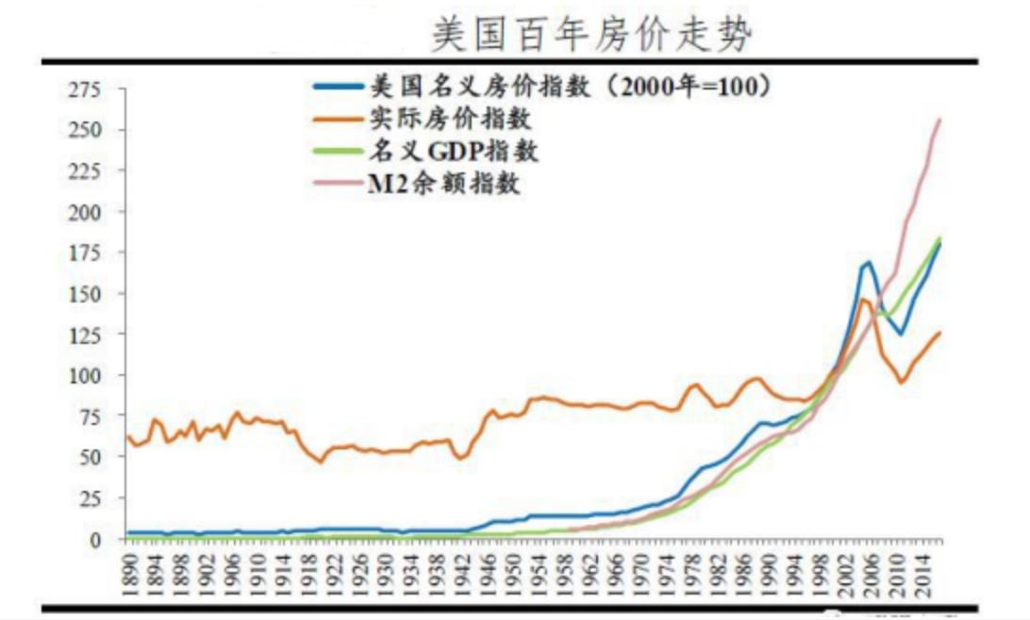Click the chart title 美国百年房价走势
pos(593,35)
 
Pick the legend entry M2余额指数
pos(443,182)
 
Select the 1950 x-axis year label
pos(512,572)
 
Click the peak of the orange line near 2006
pos(863,300)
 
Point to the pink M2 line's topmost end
pos(939,119)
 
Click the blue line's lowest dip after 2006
pos(901,334)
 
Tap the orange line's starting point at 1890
pos(127,436)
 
